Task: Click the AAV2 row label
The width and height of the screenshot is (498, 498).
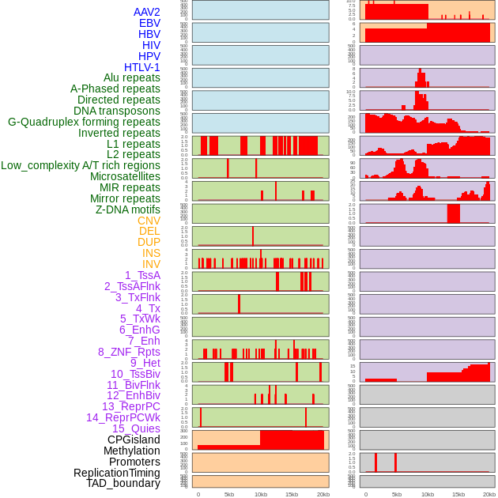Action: click(x=146, y=12)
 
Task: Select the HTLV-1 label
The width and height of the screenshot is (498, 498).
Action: click(x=141, y=67)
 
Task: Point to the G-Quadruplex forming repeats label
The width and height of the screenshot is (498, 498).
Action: click(x=84, y=123)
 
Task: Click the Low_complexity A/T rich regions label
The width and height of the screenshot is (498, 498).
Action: click(x=81, y=166)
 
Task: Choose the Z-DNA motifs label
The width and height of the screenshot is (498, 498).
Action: click(x=127, y=210)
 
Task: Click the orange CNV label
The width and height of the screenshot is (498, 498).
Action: click(x=149, y=221)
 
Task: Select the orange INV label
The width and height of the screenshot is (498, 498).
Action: click(x=151, y=265)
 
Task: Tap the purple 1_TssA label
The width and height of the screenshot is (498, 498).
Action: click(x=142, y=276)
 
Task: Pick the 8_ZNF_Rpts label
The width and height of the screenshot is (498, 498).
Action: click(x=129, y=353)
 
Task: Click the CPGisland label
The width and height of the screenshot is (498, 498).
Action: click(x=134, y=440)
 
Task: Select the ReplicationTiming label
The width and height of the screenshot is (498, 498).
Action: click(x=116, y=473)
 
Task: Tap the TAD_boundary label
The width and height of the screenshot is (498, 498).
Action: click(x=123, y=484)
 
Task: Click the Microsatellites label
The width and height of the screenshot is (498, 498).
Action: click(x=125, y=177)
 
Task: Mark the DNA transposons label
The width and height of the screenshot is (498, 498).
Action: click(x=116, y=111)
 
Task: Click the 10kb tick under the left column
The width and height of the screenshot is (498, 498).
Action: click(x=260, y=494)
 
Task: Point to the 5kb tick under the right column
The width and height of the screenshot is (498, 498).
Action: click(x=396, y=494)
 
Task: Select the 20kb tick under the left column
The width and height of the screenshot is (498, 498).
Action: click(x=323, y=494)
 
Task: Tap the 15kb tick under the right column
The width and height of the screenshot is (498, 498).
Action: click(x=458, y=494)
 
